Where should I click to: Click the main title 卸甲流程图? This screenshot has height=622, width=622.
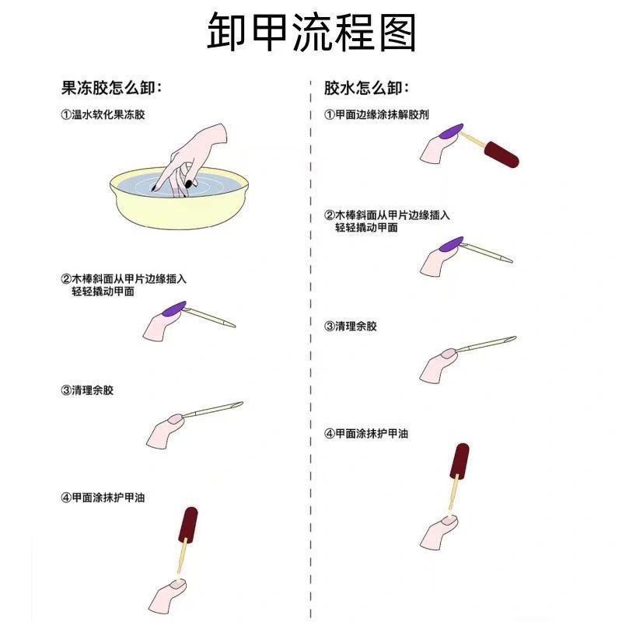pos(311,33)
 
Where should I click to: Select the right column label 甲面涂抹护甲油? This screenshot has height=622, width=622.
pos(366,433)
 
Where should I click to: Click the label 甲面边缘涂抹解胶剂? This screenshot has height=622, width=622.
pos(377,114)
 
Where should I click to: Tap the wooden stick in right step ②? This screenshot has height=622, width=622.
pos(486,253)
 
